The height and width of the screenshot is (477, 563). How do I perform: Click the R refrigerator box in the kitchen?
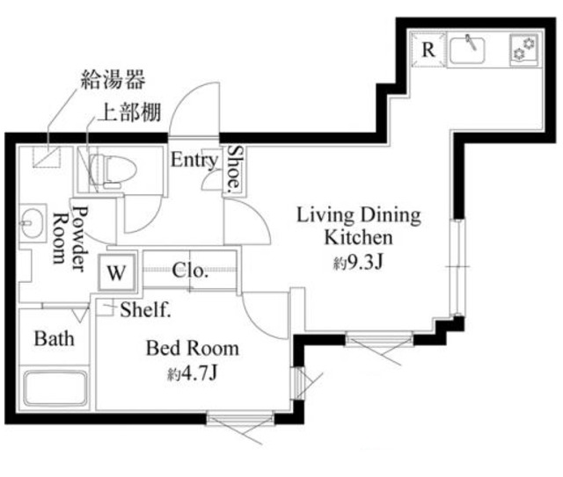click(x=428, y=49)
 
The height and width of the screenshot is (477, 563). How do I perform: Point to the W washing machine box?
click(x=115, y=272)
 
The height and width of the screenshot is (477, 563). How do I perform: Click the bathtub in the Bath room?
click(x=55, y=387)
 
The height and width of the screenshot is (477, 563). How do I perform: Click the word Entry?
click(x=194, y=161)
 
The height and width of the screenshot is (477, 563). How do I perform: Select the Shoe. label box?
click(x=235, y=170)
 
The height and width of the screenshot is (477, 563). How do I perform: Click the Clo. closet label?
click(x=190, y=271)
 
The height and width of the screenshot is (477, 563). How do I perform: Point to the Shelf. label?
click(x=145, y=309)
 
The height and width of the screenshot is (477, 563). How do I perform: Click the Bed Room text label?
click(x=192, y=349)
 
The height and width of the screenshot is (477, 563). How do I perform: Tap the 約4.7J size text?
click(x=192, y=375)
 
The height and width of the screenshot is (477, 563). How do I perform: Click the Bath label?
click(x=54, y=338)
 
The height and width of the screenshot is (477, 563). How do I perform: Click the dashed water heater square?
click(x=47, y=157)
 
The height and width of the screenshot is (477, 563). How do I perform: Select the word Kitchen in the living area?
click(x=358, y=237)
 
